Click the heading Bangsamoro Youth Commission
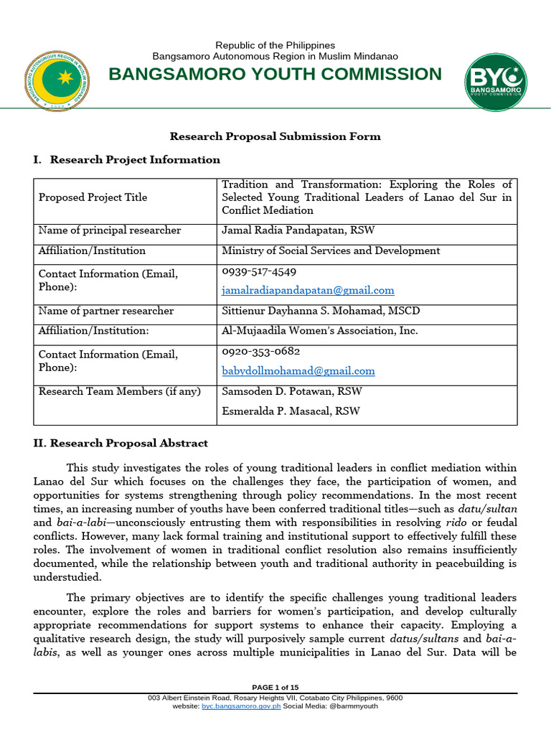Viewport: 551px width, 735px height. point(275,75)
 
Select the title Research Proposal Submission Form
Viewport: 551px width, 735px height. point(275,136)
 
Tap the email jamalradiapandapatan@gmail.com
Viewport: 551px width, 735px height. point(308,291)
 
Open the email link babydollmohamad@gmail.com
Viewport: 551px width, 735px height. point(298,371)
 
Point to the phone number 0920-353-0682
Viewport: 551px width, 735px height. point(260,352)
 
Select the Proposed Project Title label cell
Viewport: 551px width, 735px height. point(93,197)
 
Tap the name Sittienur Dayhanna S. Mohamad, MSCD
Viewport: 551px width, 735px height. point(321,311)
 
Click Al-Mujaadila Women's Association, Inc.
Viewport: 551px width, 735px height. point(319,331)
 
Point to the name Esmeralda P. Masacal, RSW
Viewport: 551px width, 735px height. point(291,411)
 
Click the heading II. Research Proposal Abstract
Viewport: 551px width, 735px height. point(121,444)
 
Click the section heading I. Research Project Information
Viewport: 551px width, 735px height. point(126,159)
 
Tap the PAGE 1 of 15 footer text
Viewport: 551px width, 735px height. point(275,687)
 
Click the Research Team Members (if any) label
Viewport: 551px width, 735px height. point(120,391)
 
